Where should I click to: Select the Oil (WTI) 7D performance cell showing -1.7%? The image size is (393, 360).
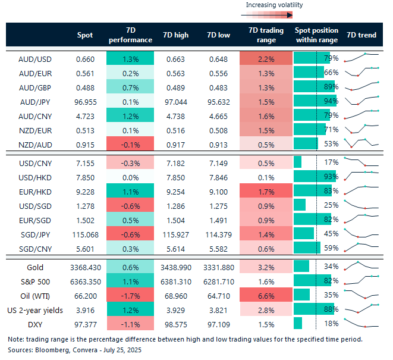point(130,295)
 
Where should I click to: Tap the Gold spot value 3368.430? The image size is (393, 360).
point(85,267)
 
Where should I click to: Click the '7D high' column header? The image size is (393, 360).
point(175,35)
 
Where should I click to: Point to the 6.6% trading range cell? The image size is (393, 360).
point(266,295)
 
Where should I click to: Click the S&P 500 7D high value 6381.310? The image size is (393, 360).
point(175,281)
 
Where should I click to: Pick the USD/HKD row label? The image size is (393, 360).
point(34,176)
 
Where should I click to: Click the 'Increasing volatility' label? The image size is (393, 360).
point(274,5)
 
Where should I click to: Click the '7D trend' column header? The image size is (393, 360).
point(361,35)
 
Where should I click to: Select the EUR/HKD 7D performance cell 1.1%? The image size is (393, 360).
point(130,190)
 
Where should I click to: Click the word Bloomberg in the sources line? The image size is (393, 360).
point(49,350)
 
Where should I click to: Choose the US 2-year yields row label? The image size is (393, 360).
point(34,309)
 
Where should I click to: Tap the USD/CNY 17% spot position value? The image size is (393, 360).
point(331,162)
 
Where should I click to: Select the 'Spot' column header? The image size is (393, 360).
point(85,35)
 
